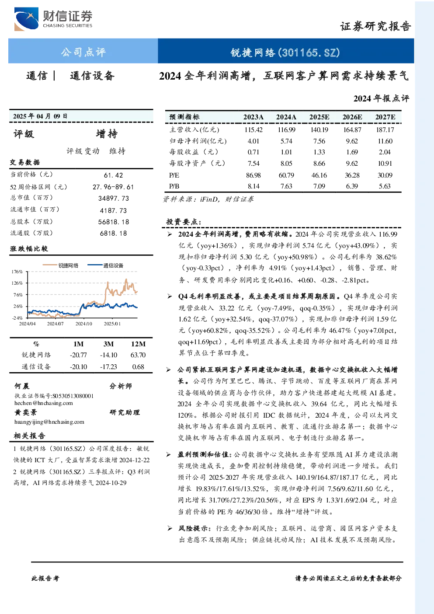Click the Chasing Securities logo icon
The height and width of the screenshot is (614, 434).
pyautogui.click(x=26, y=19)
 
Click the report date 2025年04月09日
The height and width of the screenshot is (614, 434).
pyautogui.click(x=40, y=116)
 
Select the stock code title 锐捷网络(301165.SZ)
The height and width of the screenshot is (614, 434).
pyautogui.click(x=285, y=52)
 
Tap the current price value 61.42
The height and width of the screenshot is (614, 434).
pyautogui.click(x=114, y=175)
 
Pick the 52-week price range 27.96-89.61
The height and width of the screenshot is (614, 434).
pyautogui.click(x=113, y=187)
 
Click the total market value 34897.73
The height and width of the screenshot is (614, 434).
pyautogui.click(x=114, y=199)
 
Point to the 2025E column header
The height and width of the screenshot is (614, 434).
pyautogui.click(x=319, y=117)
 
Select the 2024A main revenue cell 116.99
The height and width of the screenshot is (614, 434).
pyautogui.click(x=286, y=129)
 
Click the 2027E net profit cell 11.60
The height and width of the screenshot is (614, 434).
pyautogui.click(x=385, y=141)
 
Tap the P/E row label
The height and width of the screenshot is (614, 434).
pyautogui.click(x=174, y=175)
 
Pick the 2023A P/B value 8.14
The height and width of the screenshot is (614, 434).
pyautogui.click(x=253, y=186)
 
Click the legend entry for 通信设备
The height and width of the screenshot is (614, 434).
pyautogui.click(x=105, y=265)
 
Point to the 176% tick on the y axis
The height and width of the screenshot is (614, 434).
pyautogui.click(x=17, y=272)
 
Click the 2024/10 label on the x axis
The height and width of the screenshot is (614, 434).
pyautogui.click(x=84, y=324)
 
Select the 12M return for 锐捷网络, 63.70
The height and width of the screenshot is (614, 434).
pyautogui.click(x=138, y=355)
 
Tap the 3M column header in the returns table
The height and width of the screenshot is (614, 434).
pyautogui.click(x=108, y=344)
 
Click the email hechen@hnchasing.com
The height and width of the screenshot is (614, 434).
pyautogui.click(x=44, y=403)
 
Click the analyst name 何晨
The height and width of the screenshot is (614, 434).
pyautogui.click(x=22, y=386)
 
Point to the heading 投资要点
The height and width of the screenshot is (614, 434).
pyautogui.click(x=184, y=222)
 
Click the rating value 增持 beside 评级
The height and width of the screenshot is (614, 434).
pyautogui.click(x=107, y=134)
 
